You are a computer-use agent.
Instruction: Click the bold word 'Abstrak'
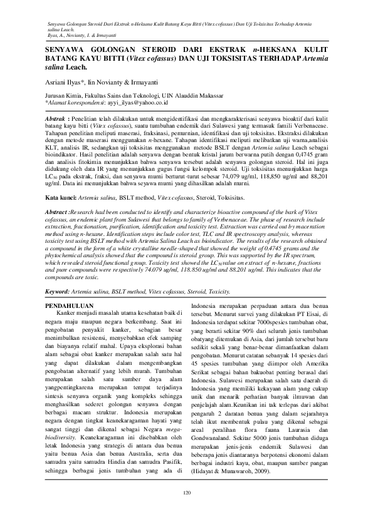(60, 118)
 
